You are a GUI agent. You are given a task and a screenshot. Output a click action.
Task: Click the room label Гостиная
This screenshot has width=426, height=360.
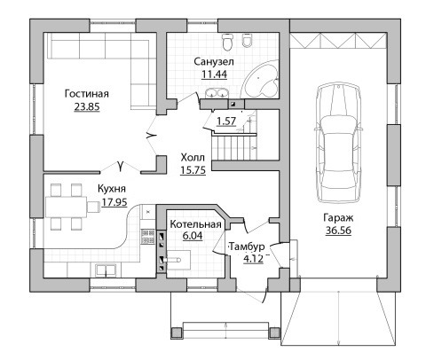click(87, 94)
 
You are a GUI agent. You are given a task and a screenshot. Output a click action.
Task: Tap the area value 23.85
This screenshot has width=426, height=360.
click(87, 106)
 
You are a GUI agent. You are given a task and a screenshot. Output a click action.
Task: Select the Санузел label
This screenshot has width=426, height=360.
click(214, 61)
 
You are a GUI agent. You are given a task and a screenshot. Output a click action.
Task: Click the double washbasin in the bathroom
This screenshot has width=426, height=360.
click(217, 93)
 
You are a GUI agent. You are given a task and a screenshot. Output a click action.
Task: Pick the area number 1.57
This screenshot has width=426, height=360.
click(226, 121)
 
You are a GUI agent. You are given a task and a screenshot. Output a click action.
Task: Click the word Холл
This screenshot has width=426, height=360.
click(193, 158)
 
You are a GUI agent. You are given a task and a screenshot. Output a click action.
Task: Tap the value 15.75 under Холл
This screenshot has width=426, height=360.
click(193, 170)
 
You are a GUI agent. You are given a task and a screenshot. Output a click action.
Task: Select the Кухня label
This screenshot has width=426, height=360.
click(112, 189)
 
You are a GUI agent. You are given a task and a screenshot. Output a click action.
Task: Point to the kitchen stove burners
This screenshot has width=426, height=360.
click(148, 236)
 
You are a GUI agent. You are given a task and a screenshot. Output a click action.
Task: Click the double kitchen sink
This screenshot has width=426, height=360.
click(106, 270)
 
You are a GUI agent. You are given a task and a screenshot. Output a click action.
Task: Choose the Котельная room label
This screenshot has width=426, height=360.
click(195, 224)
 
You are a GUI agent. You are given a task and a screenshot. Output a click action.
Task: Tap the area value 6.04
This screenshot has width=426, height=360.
click(193, 236)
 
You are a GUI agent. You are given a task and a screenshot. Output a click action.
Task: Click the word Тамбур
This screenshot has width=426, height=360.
click(247, 247)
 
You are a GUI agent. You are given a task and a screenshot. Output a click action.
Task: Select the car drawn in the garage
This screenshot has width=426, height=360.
click(338, 144)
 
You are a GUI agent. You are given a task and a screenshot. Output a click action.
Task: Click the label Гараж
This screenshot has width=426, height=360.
click(338, 218)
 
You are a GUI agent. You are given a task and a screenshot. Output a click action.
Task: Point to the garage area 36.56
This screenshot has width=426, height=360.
click(338, 231)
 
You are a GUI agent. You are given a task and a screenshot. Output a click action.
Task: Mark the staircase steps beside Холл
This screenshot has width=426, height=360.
click(234, 147)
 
